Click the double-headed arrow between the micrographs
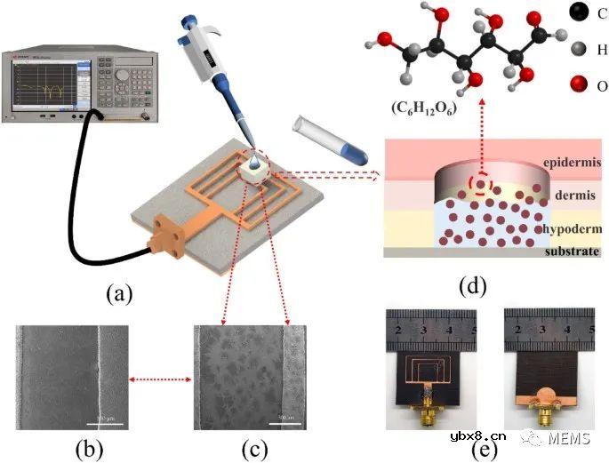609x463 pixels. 160,379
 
